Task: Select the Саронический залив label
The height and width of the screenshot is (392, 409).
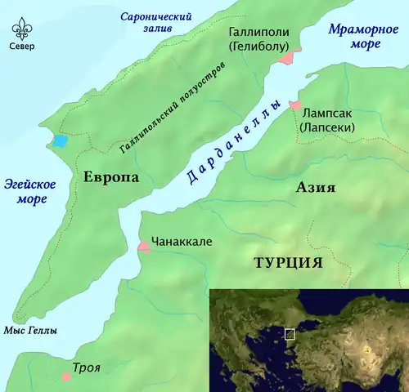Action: [155, 24]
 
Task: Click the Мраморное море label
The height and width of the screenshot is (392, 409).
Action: [359, 38]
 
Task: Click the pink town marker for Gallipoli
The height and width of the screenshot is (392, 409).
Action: [285, 57]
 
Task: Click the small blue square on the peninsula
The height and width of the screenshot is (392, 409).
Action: [60, 140]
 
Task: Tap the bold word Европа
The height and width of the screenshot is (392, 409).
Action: [110, 177]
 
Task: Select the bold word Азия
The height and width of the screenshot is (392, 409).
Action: [315, 188]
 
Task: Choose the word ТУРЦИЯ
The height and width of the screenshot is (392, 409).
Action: [288, 262]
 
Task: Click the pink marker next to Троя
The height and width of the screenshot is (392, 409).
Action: [66, 376]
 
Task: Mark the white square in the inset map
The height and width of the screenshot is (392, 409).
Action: [289, 333]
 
